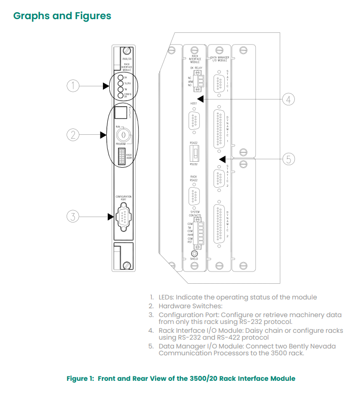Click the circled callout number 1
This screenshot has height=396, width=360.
click(x=72, y=86)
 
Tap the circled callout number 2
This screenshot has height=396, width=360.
click(x=72, y=135)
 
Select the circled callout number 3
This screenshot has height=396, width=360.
click(x=72, y=216)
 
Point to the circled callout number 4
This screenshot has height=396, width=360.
click(x=289, y=99)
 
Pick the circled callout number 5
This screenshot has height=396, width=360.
click(x=289, y=159)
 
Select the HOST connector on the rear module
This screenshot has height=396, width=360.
click(x=194, y=120)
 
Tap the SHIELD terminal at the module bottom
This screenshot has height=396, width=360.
click(x=194, y=254)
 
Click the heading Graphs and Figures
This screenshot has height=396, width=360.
click(x=62, y=16)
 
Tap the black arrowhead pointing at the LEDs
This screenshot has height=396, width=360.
click(x=106, y=86)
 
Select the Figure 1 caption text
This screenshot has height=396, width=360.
click(x=181, y=378)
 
